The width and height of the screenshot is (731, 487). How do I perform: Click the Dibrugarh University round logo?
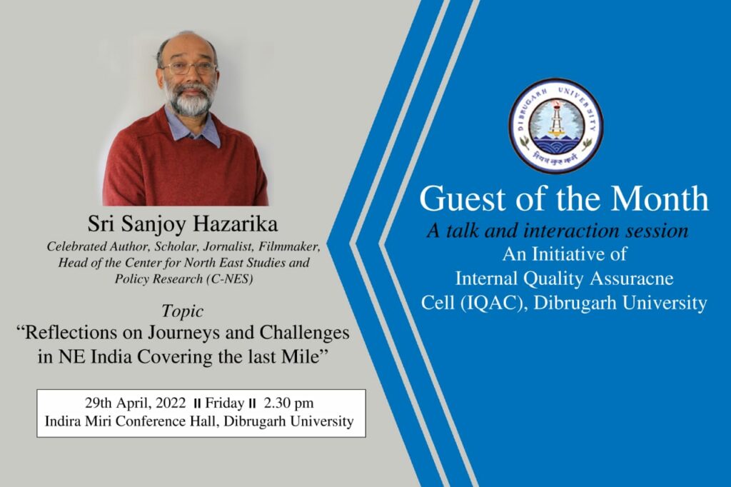click(x=555, y=126)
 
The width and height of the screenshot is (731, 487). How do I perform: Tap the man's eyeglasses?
click(x=188, y=68)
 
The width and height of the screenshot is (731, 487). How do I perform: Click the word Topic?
click(x=182, y=311)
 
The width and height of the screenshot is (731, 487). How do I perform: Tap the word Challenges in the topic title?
click(x=304, y=333)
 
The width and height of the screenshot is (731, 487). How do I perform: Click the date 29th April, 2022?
click(x=135, y=403)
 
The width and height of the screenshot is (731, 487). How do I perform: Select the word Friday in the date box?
click(x=225, y=403)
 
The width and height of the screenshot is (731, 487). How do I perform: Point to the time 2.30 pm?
click(x=288, y=403)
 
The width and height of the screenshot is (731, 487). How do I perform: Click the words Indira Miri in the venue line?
click(x=79, y=421)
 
